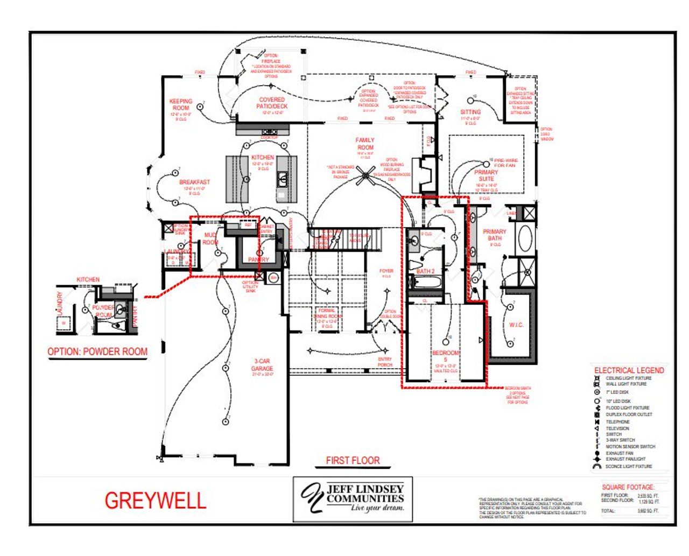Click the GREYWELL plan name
(155, 501)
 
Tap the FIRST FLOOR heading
(353, 460)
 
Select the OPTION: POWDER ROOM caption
(97, 351)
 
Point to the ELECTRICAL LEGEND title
(629, 370)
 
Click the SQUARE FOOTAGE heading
(628, 487)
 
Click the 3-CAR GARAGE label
(262, 365)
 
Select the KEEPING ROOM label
(181, 104)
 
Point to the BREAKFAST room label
(194, 182)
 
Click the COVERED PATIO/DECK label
(272, 103)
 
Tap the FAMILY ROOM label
(365, 143)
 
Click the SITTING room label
(470, 112)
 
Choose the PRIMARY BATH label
(494, 235)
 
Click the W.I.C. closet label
(516, 325)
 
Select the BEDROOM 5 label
(446, 356)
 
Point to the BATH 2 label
(425, 271)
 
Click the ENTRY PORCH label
(385, 362)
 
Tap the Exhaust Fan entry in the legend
(619, 453)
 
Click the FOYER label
(386, 271)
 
